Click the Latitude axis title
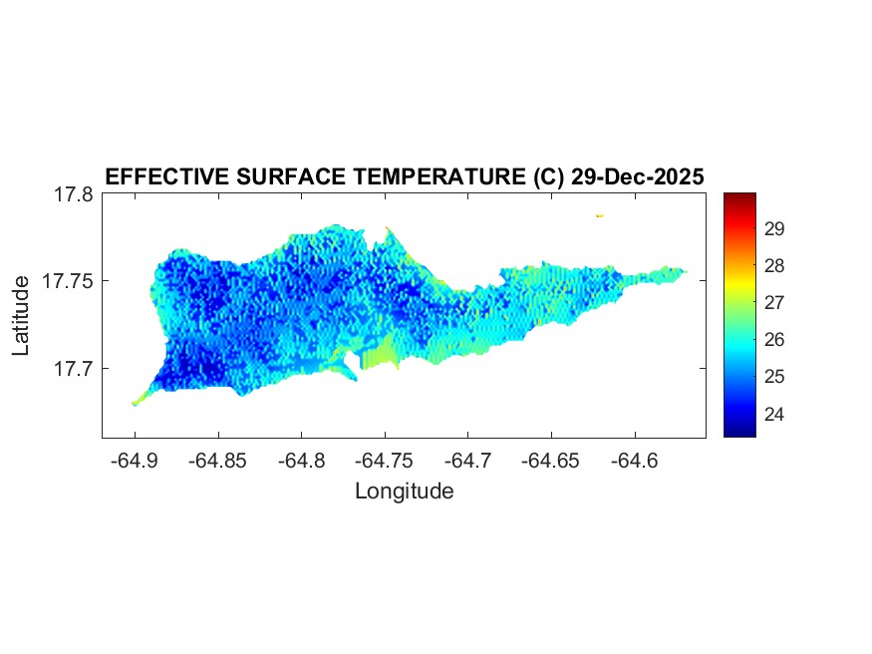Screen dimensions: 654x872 coord(21,316)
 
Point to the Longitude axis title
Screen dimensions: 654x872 coord(404,490)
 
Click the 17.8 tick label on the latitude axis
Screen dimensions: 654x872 coord(74,194)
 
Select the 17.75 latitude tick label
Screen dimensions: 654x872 coord(69,281)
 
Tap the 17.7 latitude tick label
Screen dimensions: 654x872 coord(74,368)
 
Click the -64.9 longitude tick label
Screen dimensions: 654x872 coord(135,461)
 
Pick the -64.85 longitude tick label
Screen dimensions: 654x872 coord(218,461)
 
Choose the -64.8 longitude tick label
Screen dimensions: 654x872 coord(302,461)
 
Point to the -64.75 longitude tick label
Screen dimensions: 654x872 coord(386,461)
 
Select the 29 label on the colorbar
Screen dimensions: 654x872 coord(774,229)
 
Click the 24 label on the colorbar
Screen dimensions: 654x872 coord(774,414)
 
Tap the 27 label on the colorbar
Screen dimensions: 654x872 coord(774,303)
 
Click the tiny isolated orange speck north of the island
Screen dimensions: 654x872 coord(600,215)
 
